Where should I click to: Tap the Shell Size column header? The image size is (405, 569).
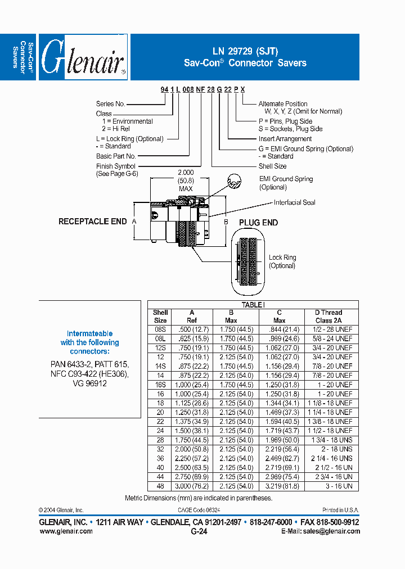click(160, 317)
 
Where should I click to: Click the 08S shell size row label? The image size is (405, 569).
click(160, 329)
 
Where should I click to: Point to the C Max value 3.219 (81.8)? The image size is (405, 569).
click(279, 486)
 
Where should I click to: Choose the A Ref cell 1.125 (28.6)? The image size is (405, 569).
click(192, 403)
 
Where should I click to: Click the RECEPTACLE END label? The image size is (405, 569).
click(93, 222)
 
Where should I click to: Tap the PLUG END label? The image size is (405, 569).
click(258, 223)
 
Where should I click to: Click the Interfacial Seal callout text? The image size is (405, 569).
click(294, 202)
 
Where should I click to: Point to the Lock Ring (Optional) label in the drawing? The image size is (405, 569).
click(282, 261)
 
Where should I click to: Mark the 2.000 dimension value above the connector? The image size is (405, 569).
click(185, 172)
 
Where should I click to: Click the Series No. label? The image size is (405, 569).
click(110, 104)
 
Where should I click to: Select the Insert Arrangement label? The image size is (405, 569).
click(285, 139)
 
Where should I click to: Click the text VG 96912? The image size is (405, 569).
click(89, 383)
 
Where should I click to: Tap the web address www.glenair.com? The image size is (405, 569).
click(66, 531)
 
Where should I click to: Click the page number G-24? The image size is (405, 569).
click(199, 532)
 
